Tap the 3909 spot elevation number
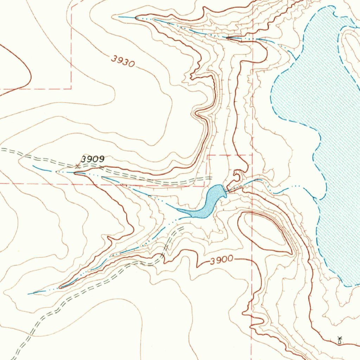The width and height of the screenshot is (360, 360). [93, 159]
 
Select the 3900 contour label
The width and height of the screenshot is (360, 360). [222, 261]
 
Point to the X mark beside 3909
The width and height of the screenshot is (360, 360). [78, 165]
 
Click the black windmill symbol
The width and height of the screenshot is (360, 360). [339, 340]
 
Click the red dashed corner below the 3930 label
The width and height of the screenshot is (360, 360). [71, 88]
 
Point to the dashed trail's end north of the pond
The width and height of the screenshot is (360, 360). [211, 179]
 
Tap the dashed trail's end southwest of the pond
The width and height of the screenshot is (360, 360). [183, 228]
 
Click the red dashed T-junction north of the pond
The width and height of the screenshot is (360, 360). [208, 155]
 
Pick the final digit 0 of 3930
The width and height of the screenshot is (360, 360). [131, 64]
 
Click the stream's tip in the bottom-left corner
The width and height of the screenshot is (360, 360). [29, 294]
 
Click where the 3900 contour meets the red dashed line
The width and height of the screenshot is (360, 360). [252, 261]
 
